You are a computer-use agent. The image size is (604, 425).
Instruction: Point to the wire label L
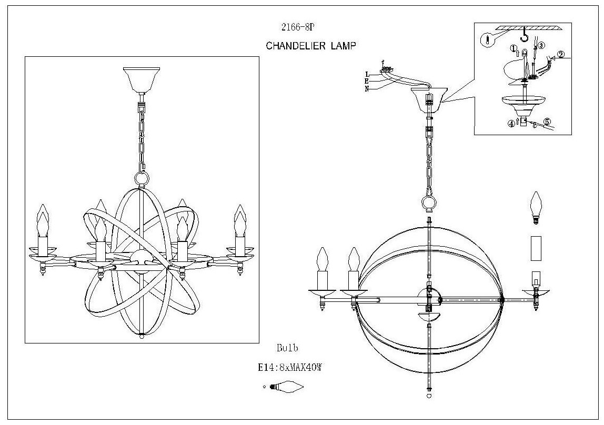[367, 74]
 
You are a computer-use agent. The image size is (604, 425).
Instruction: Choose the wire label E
[367, 80]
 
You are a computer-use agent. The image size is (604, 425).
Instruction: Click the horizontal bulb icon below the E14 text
[287, 387]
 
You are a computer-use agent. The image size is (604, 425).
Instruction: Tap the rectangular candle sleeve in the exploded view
[536, 248]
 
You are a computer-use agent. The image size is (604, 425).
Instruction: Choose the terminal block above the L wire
[387, 69]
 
